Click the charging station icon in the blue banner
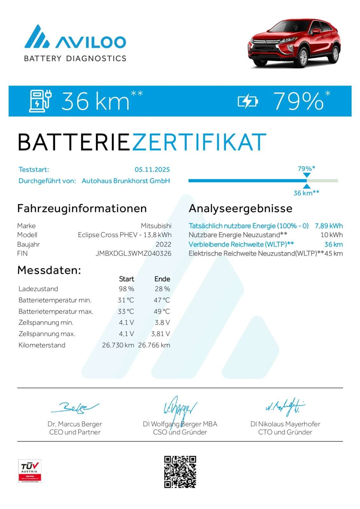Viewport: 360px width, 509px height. (x=40, y=101)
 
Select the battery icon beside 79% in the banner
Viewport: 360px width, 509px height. (x=248, y=101)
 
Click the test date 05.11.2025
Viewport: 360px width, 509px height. (x=152, y=170)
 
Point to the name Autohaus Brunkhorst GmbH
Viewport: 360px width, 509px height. (x=126, y=181)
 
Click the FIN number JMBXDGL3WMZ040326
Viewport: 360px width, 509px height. (x=133, y=253)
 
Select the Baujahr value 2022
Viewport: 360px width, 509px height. (x=163, y=244)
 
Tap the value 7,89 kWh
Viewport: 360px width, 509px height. (x=329, y=226)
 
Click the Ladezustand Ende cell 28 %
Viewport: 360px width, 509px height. (x=162, y=289)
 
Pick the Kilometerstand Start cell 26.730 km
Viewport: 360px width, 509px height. (x=118, y=345)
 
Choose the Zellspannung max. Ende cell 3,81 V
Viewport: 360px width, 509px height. (x=160, y=334)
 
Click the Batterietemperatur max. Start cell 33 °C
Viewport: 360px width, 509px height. (x=126, y=311)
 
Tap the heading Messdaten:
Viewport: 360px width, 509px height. (x=49, y=270)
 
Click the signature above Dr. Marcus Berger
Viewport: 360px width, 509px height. (x=75, y=408)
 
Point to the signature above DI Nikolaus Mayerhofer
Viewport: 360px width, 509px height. (x=285, y=407)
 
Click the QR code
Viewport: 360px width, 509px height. (x=180, y=472)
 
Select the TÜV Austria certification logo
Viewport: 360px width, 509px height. (x=30, y=471)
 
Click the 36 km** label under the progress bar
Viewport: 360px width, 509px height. (x=306, y=193)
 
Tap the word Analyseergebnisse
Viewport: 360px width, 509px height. (x=240, y=208)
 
